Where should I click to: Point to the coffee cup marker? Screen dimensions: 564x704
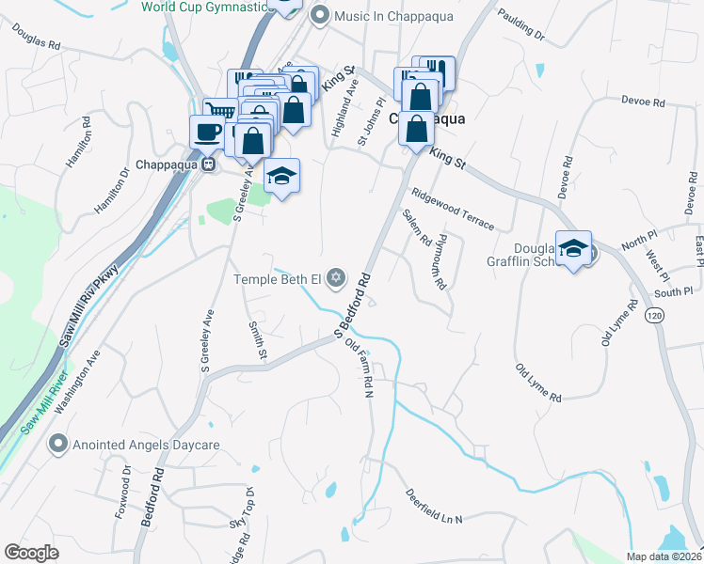coord(206,132)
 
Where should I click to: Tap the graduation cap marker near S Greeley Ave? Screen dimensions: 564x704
coord(281,176)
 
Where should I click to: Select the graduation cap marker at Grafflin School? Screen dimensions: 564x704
coord(573,248)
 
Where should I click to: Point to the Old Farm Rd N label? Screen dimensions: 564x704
coord(360,368)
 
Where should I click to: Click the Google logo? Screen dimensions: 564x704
coord(31,552)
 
